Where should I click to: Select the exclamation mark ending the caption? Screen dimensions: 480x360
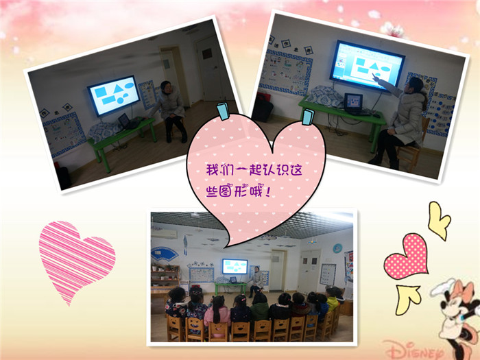click(x=268, y=192)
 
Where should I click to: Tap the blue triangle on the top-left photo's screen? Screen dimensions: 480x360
click(x=118, y=88)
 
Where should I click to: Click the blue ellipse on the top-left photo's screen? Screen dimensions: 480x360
click(x=129, y=85)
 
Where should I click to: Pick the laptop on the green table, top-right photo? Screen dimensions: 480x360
click(x=354, y=103)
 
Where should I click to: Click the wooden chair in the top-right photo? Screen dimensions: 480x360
click(x=411, y=147)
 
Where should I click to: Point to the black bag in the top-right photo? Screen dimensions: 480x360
click(x=262, y=107)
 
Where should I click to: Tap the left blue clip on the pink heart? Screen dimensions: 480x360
click(x=223, y=111)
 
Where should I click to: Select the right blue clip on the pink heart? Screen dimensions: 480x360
click(x=308, y=117)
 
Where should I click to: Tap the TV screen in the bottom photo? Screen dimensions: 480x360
click(x=235, y=266)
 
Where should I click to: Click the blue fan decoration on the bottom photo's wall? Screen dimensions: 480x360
click(x=164, y=254)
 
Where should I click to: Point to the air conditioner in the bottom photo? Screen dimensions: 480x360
click(x=165, y=235)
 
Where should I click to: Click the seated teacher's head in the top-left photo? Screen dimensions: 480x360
click(x=166, y=86)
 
